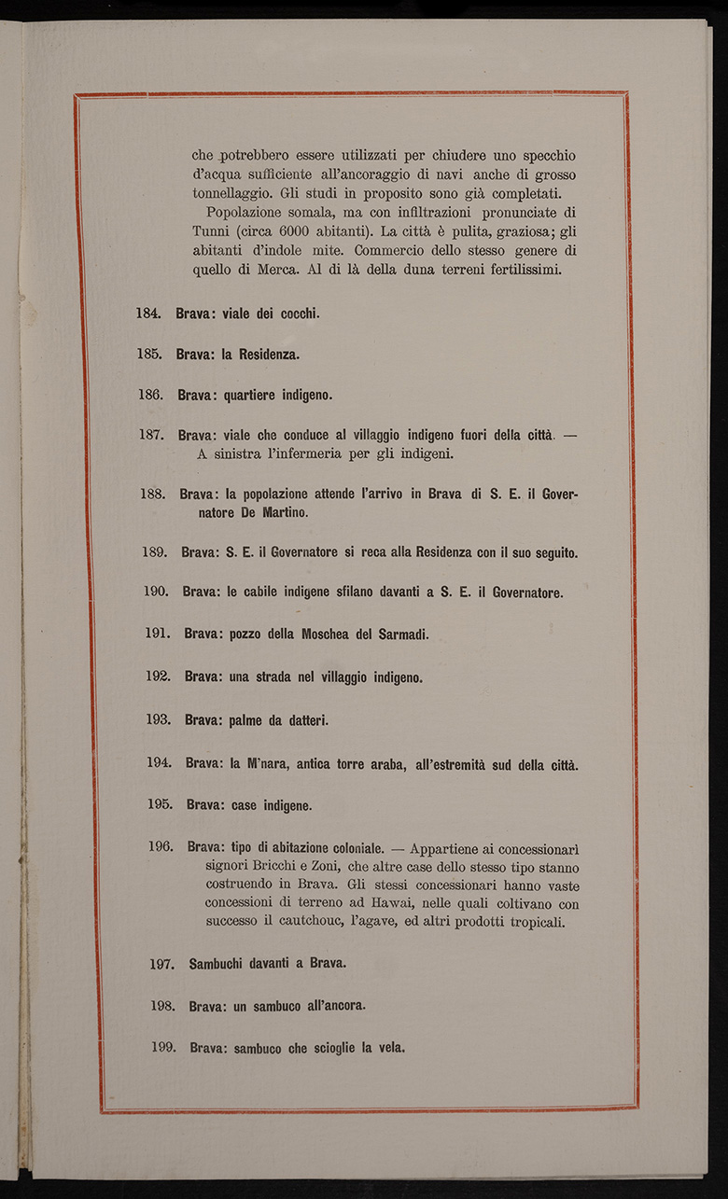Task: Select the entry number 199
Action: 163,1048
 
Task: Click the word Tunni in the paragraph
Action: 211,230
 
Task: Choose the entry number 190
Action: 157,592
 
